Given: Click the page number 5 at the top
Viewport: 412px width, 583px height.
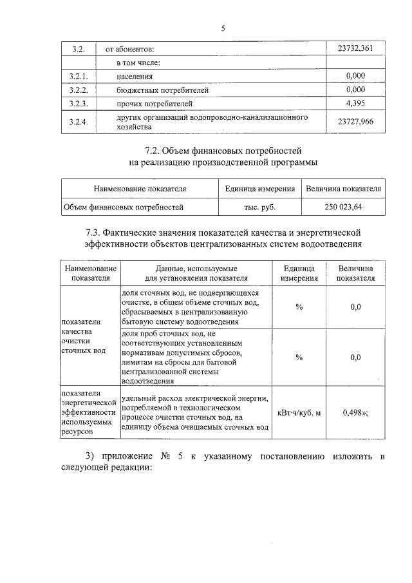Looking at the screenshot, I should pyautogui.click(x=223, y=28).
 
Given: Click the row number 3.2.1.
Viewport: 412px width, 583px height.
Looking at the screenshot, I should pyautogui.click(x=78, y=76).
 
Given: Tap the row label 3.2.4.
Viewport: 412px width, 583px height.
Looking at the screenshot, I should pyautogui.click(x=78, y=121).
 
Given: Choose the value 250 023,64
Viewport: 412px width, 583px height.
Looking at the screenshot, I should pyautogui.click(x=344, y=207).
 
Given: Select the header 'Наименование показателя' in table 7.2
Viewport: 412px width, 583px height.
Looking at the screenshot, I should pyautogui.click(x=140, y=189).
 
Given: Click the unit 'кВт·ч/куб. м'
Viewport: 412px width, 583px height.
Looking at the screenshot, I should pyautogui.click(x=299, y=412).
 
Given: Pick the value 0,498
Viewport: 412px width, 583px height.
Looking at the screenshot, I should pyautogui.click(x=353, y=412).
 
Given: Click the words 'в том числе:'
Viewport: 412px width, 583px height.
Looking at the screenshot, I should pyautogui.click(x=138, y=62).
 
